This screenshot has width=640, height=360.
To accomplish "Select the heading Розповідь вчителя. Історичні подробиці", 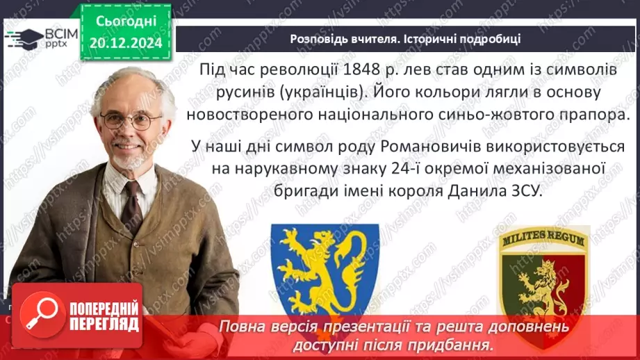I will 405,39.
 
